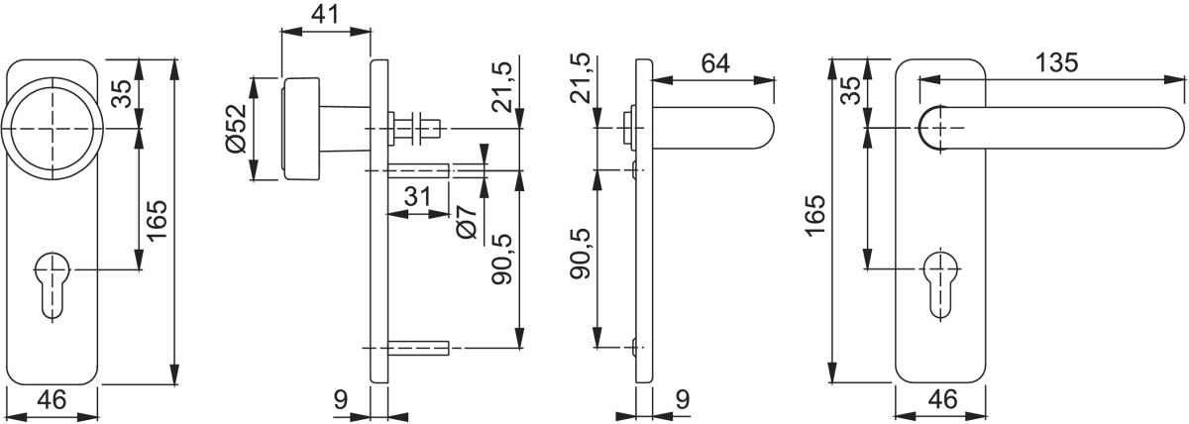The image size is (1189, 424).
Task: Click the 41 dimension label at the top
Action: point(324,14)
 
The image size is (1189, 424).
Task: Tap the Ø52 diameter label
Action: point(236,129)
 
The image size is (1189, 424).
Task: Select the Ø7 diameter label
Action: point(467,222)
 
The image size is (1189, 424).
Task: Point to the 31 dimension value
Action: point(418,197)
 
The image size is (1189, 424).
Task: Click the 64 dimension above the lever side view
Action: point(715,63)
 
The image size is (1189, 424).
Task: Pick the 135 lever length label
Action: point(1057,62)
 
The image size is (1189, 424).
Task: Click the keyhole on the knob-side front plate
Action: point(53,285)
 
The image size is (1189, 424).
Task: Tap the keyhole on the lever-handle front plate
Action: point(940,285)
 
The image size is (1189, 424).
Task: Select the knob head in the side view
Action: point(301,129)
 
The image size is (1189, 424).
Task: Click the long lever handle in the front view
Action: point(1051,129)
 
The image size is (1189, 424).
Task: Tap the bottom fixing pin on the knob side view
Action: point(419,348)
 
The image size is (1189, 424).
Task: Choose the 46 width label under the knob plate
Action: point(52,399)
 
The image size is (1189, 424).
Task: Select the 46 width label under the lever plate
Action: point(942,399)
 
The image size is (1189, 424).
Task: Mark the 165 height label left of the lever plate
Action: point(814,215)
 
